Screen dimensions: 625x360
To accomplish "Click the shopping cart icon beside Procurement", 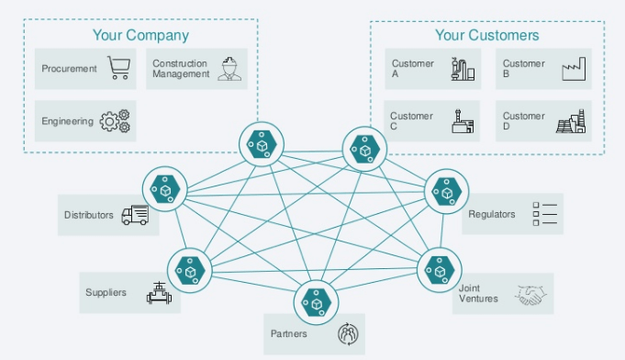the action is (118, 68).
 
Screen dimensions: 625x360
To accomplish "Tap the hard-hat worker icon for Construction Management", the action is (229, 69).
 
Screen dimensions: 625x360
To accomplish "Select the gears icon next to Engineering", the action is (116, 121).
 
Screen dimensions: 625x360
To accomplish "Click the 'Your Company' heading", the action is (140, 35).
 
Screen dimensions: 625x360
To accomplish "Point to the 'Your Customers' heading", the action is (487, 35).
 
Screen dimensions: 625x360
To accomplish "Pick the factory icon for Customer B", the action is (574, 69).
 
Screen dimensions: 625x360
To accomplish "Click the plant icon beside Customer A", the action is (463, 69).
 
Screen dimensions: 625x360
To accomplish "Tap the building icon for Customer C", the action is (463, 121).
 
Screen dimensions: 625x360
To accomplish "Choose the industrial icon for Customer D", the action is (571, 121).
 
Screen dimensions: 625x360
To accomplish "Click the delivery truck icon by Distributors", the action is (135, 215).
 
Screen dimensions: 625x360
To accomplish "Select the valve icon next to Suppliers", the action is (159, 293).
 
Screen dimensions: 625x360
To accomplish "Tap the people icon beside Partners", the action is (348, 334).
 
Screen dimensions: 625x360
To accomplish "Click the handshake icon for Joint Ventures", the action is (530, 295).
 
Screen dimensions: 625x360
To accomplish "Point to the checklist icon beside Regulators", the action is (544, 214).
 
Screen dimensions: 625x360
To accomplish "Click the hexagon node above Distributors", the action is (165, 189).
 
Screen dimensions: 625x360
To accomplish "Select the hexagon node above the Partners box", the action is (316, 302).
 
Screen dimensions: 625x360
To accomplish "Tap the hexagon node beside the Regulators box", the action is (446, 191).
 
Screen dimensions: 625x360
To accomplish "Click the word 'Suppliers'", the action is (106, 293).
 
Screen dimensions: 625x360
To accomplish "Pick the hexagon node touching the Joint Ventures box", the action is (440, 270).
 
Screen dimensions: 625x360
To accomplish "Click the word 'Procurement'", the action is (69, 69).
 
